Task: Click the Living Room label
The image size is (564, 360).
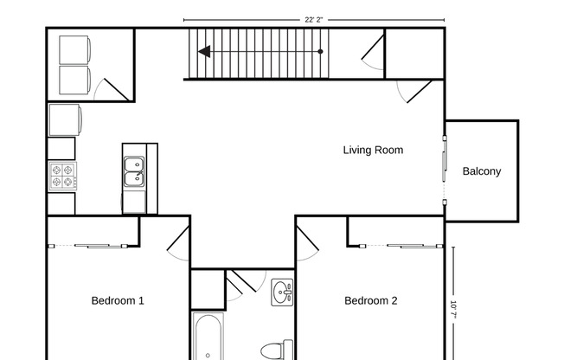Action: pos(373,150)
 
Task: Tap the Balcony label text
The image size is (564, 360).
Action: pos(481,171)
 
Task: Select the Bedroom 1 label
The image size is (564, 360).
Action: pos(118,301)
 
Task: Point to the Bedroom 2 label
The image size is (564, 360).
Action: pos(370,301)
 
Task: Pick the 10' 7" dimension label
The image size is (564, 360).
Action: pos(453,310)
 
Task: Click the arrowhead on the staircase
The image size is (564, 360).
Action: pos(204,52)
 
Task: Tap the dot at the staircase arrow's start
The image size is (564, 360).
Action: pos(321,52)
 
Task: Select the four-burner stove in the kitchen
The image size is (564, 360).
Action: pos(62,177)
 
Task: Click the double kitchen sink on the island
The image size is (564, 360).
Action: pos(134,172)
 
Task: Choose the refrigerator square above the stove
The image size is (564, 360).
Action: pos(65,119)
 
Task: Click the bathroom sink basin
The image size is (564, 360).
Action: pos(282,293)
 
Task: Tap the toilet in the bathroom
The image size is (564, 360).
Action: pos(274,351)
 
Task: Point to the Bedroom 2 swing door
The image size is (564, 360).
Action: pos(307,242)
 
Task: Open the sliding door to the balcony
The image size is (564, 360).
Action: pos(445,170)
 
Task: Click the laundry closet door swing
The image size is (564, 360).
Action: pos(111,87)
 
